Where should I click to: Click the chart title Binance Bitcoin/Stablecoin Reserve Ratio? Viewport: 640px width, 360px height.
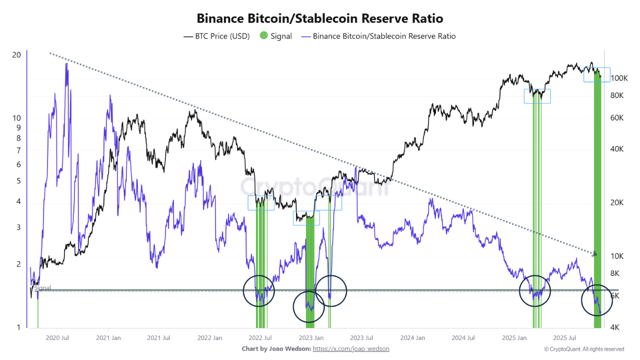pyautogui.click(x=319, y=18)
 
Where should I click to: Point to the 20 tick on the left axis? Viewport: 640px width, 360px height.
pyautogui.click(x=16, y=54)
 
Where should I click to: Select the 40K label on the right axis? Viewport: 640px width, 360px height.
pyautogui.click(x=618, y=149)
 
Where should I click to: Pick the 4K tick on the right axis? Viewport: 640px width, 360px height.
pyautogui.click(x=616, y=327)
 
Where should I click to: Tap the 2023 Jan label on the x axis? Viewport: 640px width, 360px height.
pyautogui.click(x=311, y=338)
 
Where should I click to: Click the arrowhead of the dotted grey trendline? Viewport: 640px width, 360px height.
pyautogui.click(x=595, y=254)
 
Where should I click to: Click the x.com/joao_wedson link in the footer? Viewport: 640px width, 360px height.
pyautogui.click(x=351, y=349)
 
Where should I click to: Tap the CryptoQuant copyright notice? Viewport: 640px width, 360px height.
pyautogui.click(x=584, y=349)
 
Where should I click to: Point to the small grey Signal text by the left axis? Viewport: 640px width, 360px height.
pyautogui.click(x=42, y=288)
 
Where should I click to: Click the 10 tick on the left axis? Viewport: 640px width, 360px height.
pyautogui.click(x=16, y=118)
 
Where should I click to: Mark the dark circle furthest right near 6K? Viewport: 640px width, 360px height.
pyautogui.click(x=596, y=300)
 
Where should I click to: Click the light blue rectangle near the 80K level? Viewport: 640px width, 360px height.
pyautogui.click(x=537, y=96)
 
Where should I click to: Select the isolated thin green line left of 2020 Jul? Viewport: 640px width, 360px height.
pyautogui.click(x=38, y=312)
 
